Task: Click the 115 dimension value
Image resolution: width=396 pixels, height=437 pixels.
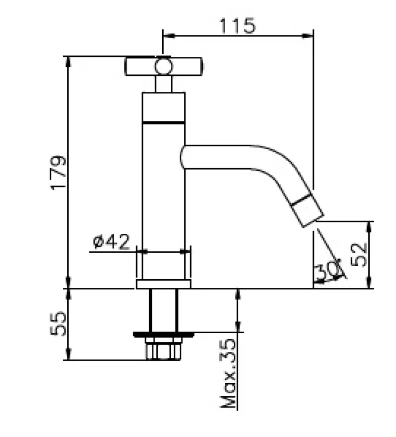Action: coord(238,26)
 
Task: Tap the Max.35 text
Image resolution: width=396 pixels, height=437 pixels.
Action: coord(229,374)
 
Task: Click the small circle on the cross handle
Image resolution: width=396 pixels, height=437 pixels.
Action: coord(163,67)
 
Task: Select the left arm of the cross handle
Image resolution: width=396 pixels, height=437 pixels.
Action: coord(140,67)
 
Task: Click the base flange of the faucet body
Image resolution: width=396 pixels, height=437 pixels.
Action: coord(163,284)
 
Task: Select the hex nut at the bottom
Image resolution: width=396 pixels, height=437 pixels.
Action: coord(163,349)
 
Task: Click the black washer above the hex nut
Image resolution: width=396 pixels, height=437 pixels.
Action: coord(163,333)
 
